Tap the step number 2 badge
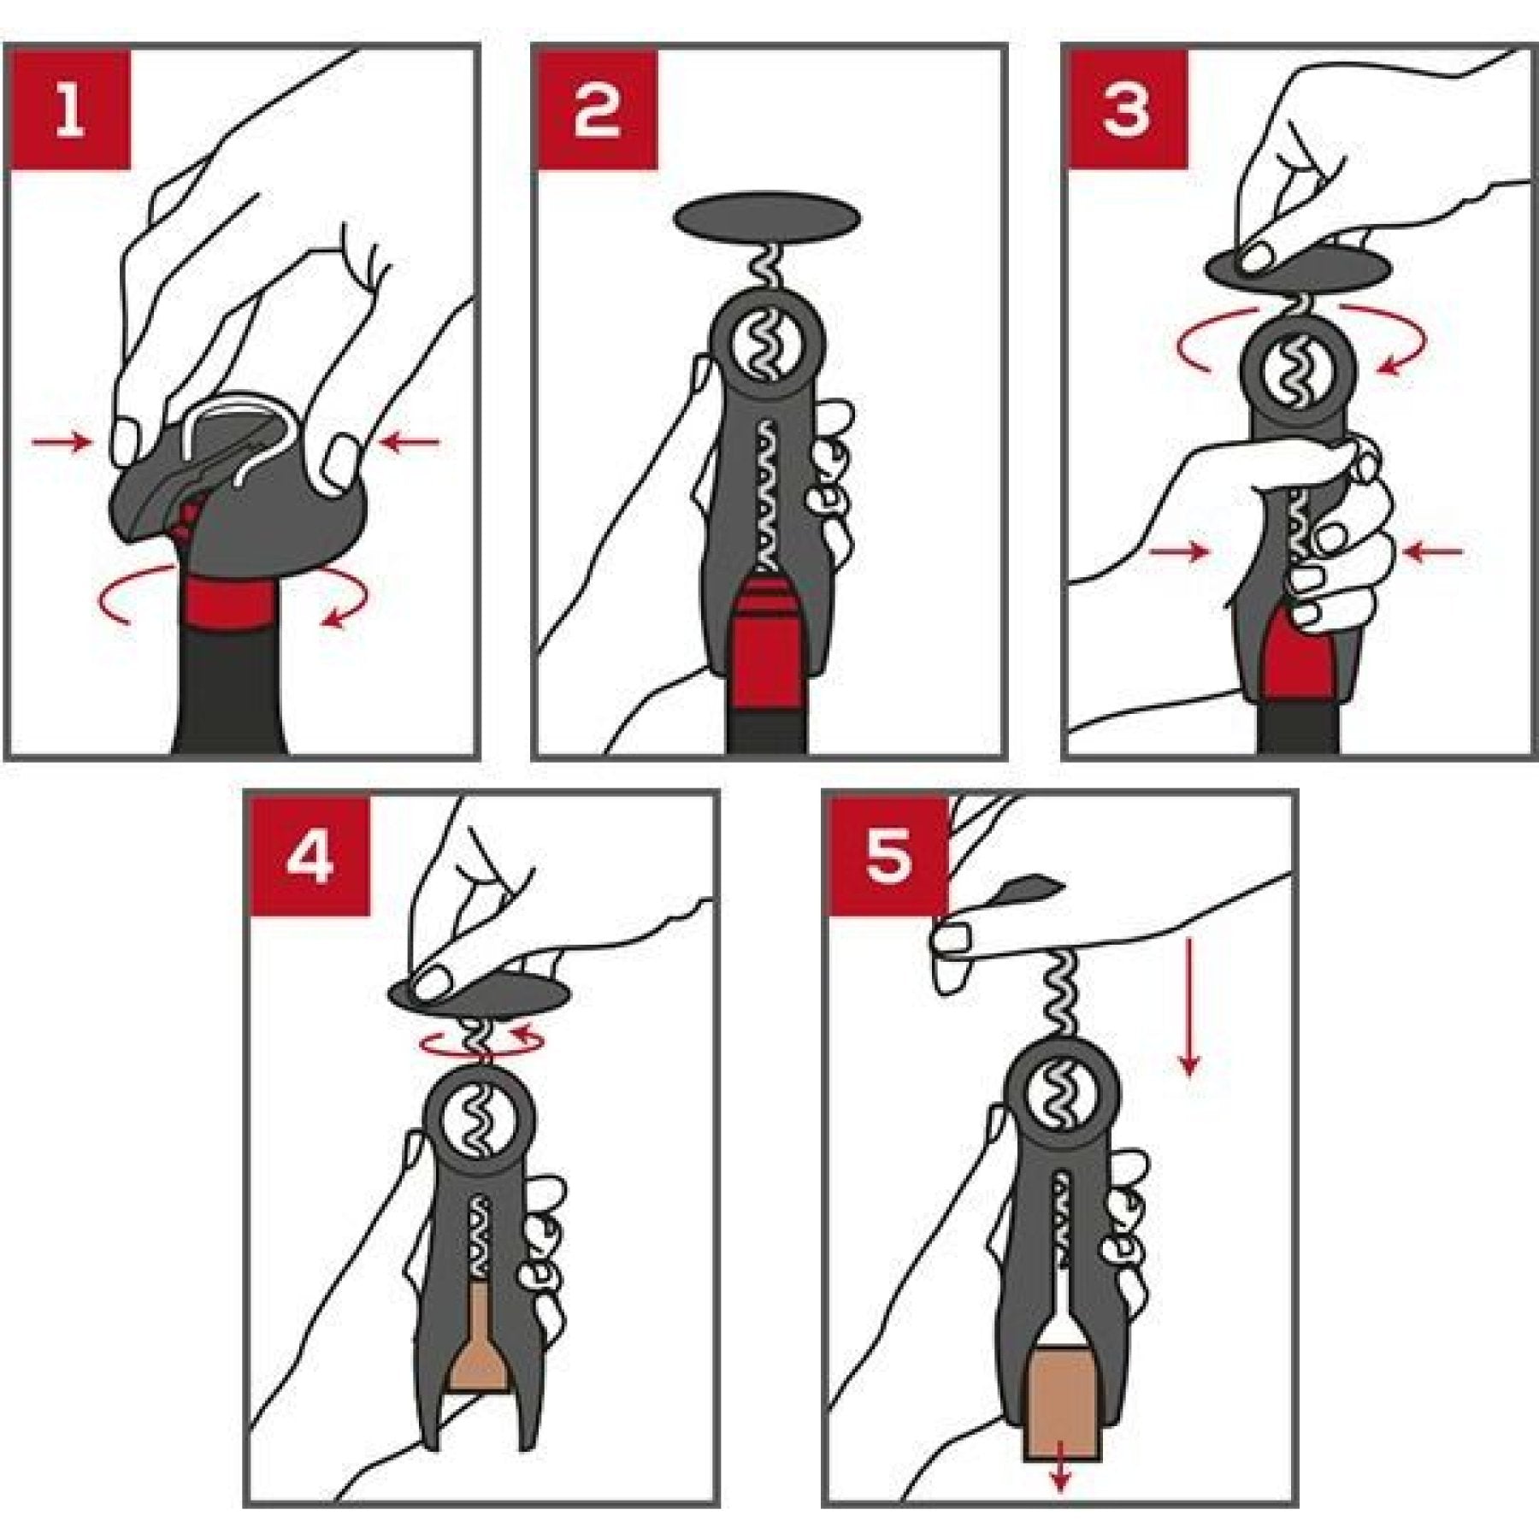[x=596, y=107]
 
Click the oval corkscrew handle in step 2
[x=767, y=219]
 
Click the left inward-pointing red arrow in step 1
[x=60, y=442]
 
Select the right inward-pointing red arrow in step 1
[x=410, y=442]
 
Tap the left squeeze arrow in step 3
[x=1178, y=552]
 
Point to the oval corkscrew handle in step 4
[x=480, y=995]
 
